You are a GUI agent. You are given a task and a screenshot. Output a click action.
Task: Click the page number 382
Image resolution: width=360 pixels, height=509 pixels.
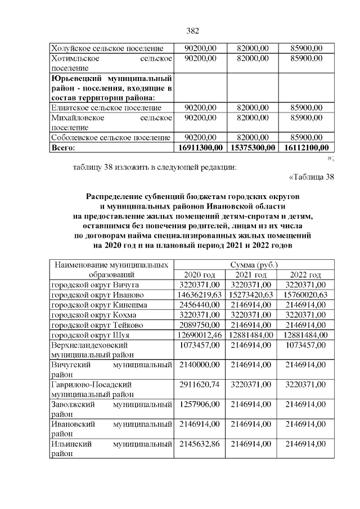click(193, 30)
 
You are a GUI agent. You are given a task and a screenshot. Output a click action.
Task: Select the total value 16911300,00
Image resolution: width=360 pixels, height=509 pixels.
click(201, 147)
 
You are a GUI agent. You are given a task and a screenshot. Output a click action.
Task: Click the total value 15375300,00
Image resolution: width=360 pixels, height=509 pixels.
click(251, 147)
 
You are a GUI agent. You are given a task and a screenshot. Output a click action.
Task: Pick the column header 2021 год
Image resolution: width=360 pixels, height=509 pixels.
click(251, 275)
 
